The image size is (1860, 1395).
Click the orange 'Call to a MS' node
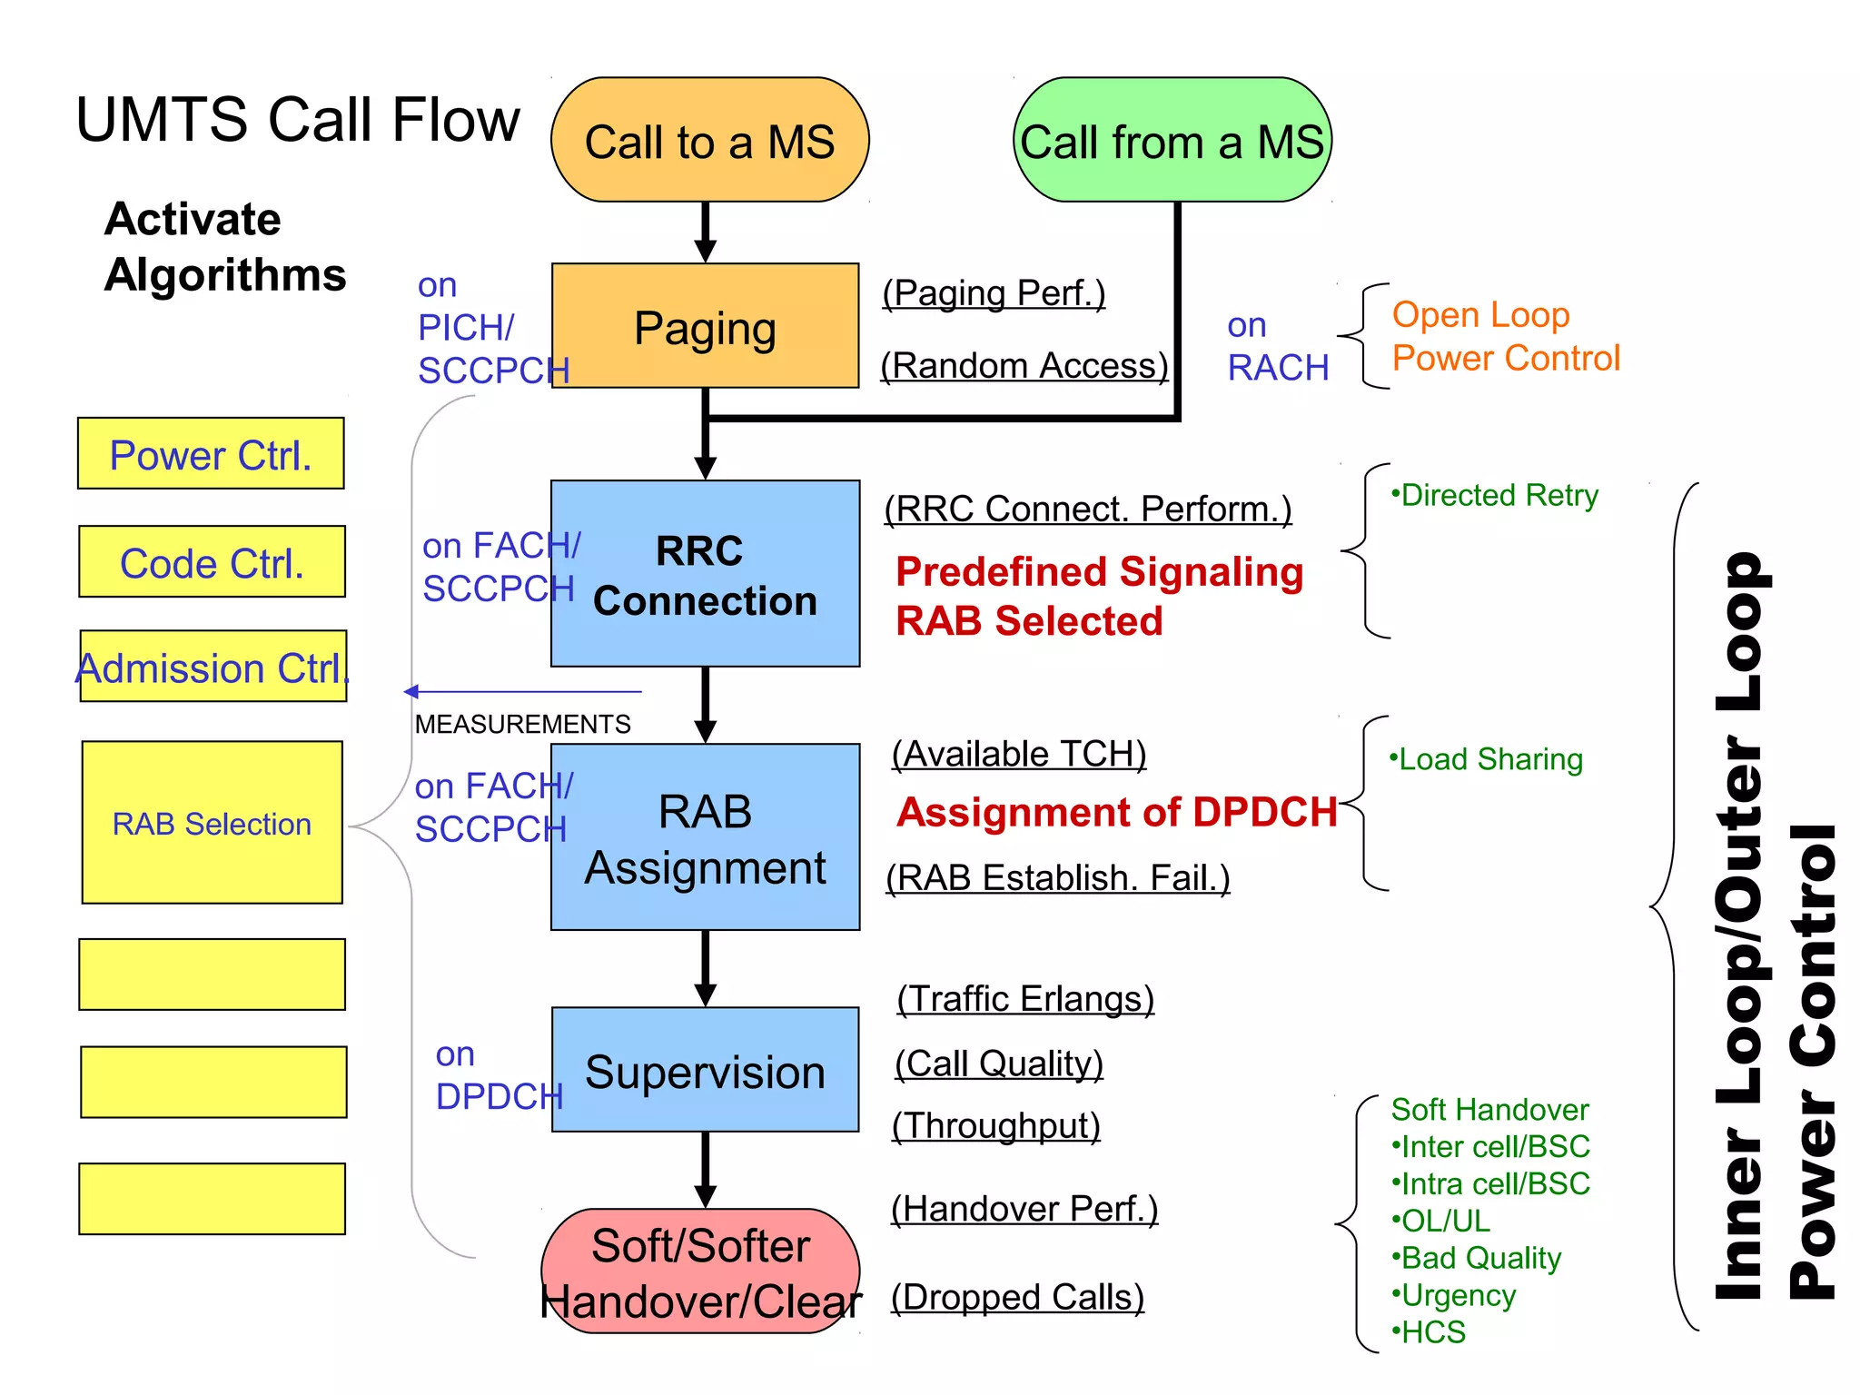pyautogui.click(x=709, y=140)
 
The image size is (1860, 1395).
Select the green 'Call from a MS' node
pyautogui.click(x=1172, y=140)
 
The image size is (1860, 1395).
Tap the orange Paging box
pyautogui.click(x=705, y=326)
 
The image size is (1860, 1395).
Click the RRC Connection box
pyautogui.click(x=705, y=574)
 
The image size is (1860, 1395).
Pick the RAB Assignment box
pyautogui.click(x=705, y=837)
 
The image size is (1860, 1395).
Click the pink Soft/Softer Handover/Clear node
pyautogui.click(x=700, y=1271)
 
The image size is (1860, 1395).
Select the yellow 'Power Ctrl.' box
pyautogui.click(x=211, y=454)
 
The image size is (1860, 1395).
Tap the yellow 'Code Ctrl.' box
pyautogui.click(x=212, y=562)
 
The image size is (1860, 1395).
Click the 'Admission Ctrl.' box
pyautogui.click(x=213, y=668)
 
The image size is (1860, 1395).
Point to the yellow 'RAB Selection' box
pyautogui.click(x=212, y=823)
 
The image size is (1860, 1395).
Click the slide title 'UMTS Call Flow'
pyautogui.click(x=298, y=120)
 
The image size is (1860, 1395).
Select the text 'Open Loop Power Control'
pyautogui.click(x=1505, y=336)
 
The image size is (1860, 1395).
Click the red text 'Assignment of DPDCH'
pyautogui.click(x=1116, y=812)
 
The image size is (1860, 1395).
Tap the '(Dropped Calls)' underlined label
pyautogui.click(x=1017, y=1297)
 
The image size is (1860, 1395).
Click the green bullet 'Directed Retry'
pyautogui.click(x=1495, y=496)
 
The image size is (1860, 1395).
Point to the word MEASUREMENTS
pyautogui.click(x=522, y=724)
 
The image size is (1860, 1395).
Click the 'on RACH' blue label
pyautogui.click(x=1277, y=347)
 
